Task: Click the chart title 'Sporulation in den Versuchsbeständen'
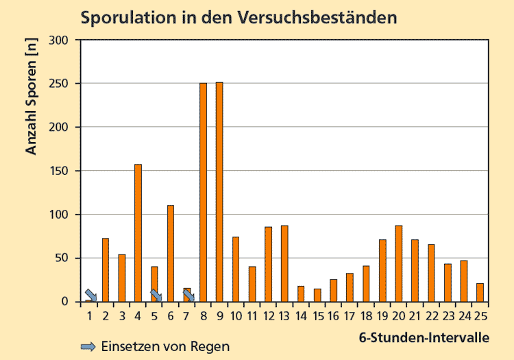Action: [238, 17]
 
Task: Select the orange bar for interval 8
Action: [204, 192]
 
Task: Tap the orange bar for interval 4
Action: [138, 233]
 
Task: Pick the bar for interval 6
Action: [171, 254]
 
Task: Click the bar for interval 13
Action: [284, 263]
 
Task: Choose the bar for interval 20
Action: [398, 263]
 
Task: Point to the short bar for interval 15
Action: [317, 296]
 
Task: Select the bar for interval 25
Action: [480, 293]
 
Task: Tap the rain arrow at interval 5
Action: [156, 296]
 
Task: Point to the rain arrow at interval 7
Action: [188, 295]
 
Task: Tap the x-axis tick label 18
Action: [366, 316]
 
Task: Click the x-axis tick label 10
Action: [236, 316]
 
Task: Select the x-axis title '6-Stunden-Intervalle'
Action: [424, 337]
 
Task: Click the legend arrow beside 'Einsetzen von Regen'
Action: [88, 346]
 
